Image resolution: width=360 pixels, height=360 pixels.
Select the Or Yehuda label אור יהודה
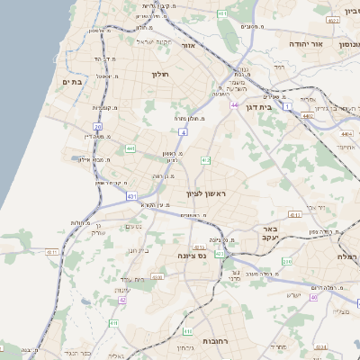tap(287, 43)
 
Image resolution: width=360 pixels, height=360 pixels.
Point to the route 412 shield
tap(206, 160)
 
